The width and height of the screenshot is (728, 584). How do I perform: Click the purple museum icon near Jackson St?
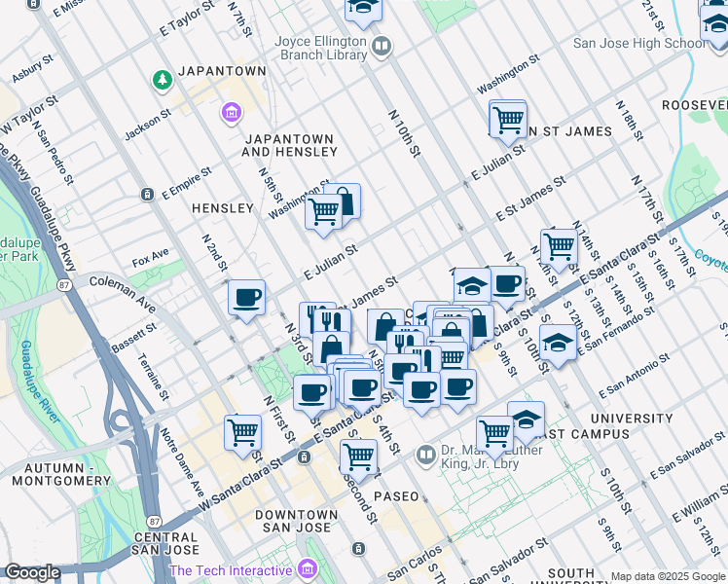232,115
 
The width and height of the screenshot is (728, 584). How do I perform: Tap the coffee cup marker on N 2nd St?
246,297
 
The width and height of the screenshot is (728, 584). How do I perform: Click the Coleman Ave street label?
122,293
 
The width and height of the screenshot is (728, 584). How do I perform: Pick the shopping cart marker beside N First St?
242,431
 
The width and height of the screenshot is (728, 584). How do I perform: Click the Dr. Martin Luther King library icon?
425,455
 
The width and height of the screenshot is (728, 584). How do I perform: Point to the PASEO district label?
395,496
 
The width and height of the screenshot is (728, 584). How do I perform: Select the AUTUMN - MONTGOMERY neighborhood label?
60,473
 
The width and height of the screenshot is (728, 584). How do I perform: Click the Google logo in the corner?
32,573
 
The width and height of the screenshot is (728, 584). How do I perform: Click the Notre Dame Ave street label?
182,459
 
